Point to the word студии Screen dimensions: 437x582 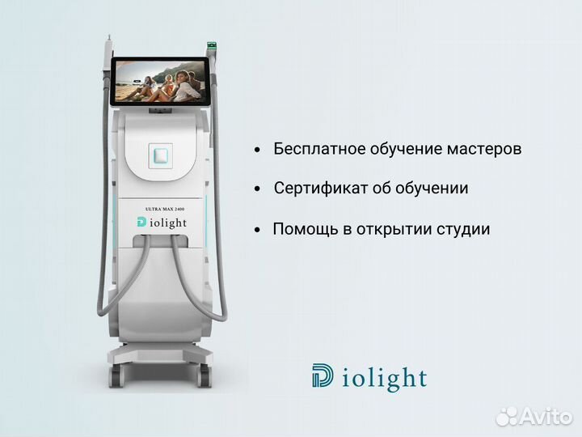[x=463, y=229]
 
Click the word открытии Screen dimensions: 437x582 [x=390, y=229]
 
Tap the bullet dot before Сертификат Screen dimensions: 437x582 [x=257, y=189]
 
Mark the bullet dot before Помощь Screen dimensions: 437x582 [x=257, y=230]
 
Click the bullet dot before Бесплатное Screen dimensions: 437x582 [x=257, y=151]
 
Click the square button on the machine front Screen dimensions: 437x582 [x=162, y=154]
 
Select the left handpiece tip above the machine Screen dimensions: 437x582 [x=108, y=45]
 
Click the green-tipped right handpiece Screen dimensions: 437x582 [x=213, y=48]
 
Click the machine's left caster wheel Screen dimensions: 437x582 [x=116, y=374]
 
